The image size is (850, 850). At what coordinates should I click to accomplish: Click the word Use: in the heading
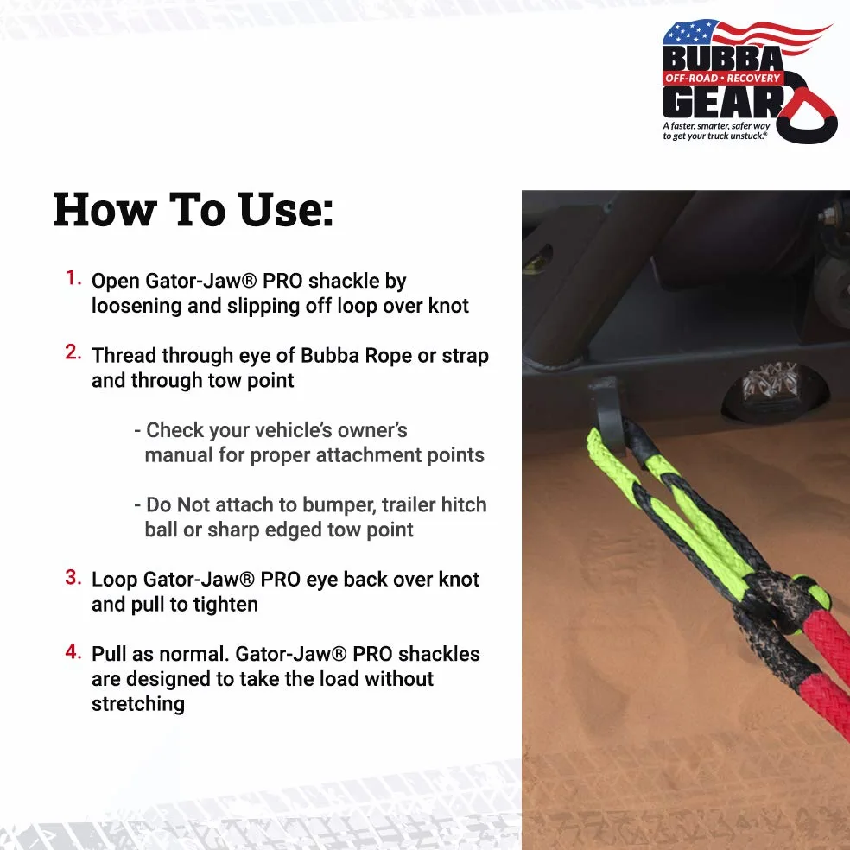[x=286, y=210]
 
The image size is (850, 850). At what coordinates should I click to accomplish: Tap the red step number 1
[x=73, y=277]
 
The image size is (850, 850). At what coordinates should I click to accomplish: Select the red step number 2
[x=73, y=352]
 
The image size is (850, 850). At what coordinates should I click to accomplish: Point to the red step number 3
[x=73, y=577]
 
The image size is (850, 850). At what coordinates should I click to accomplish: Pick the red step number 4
[x=73, y=651]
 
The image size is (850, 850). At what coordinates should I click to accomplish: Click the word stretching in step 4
[x=138, y=704]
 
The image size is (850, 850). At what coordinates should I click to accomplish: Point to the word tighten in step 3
[x=225, y=605]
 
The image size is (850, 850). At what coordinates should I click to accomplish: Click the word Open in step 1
[x=116, y=282]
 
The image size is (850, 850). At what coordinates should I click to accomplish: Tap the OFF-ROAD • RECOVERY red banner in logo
[x=723, y=78]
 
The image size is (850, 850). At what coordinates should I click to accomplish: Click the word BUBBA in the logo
[x=723, y=58]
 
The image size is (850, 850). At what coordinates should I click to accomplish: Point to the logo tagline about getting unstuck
[x=715, y=130]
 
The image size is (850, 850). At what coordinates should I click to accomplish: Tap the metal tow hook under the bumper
[x=607, y=413]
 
